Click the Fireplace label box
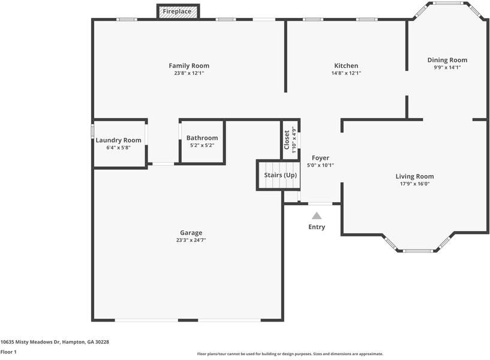click(x=178, y=11)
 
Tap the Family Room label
click(x=189, y=65)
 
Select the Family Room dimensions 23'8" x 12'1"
click(x=189, y=73)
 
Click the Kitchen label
click(x=346, y=65)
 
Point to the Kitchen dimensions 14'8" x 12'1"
click(x=346, y=73)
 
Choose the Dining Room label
click(x=447, y=60)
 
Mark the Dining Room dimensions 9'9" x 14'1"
click(x=447, y=68)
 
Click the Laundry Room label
click(x=119, y=140)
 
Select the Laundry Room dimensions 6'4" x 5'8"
click(x=119, y=148)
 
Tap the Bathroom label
click(x=202, y=138)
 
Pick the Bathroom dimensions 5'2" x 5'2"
click(x=202, y=146)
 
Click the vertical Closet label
click(x=287, y=139)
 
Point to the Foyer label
click(x=320, y=158)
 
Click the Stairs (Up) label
click(x=281, y=175)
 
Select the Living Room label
click(x=414, y=176)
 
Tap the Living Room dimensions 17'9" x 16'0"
click(x=414, y=184)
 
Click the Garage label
click(x=191, y=233)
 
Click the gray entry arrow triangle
click(x=316, y=215)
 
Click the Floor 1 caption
click(x=8, y=352)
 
